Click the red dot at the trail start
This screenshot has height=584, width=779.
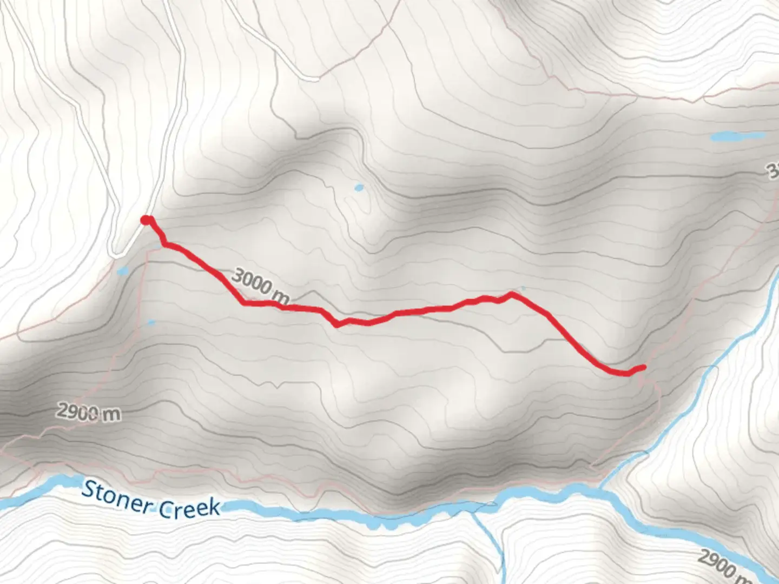(x=146, y=220)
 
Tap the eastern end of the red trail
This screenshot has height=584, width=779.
(x=643, y=368)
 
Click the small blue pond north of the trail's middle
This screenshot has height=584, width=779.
(x=358, y=188)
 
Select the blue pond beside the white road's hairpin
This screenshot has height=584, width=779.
(x=122, y=270)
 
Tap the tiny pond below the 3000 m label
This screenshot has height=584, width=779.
(x=151, y=323)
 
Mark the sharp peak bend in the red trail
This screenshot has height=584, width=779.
(x=511, y=294)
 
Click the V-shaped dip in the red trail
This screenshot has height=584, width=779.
(x=338, y=326)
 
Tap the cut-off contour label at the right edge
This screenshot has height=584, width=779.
(x=772, y=172)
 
